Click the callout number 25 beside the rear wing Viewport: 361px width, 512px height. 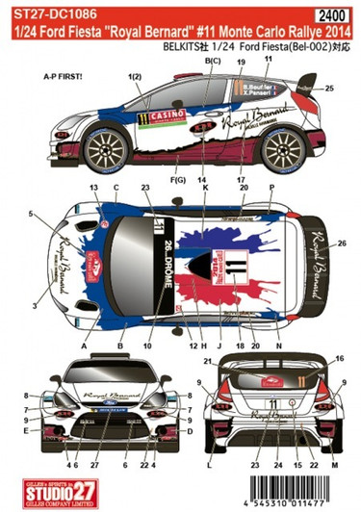coord(330,89)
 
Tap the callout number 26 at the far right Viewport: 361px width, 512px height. coord(343,244)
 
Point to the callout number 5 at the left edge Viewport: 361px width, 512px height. coord(31,212)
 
